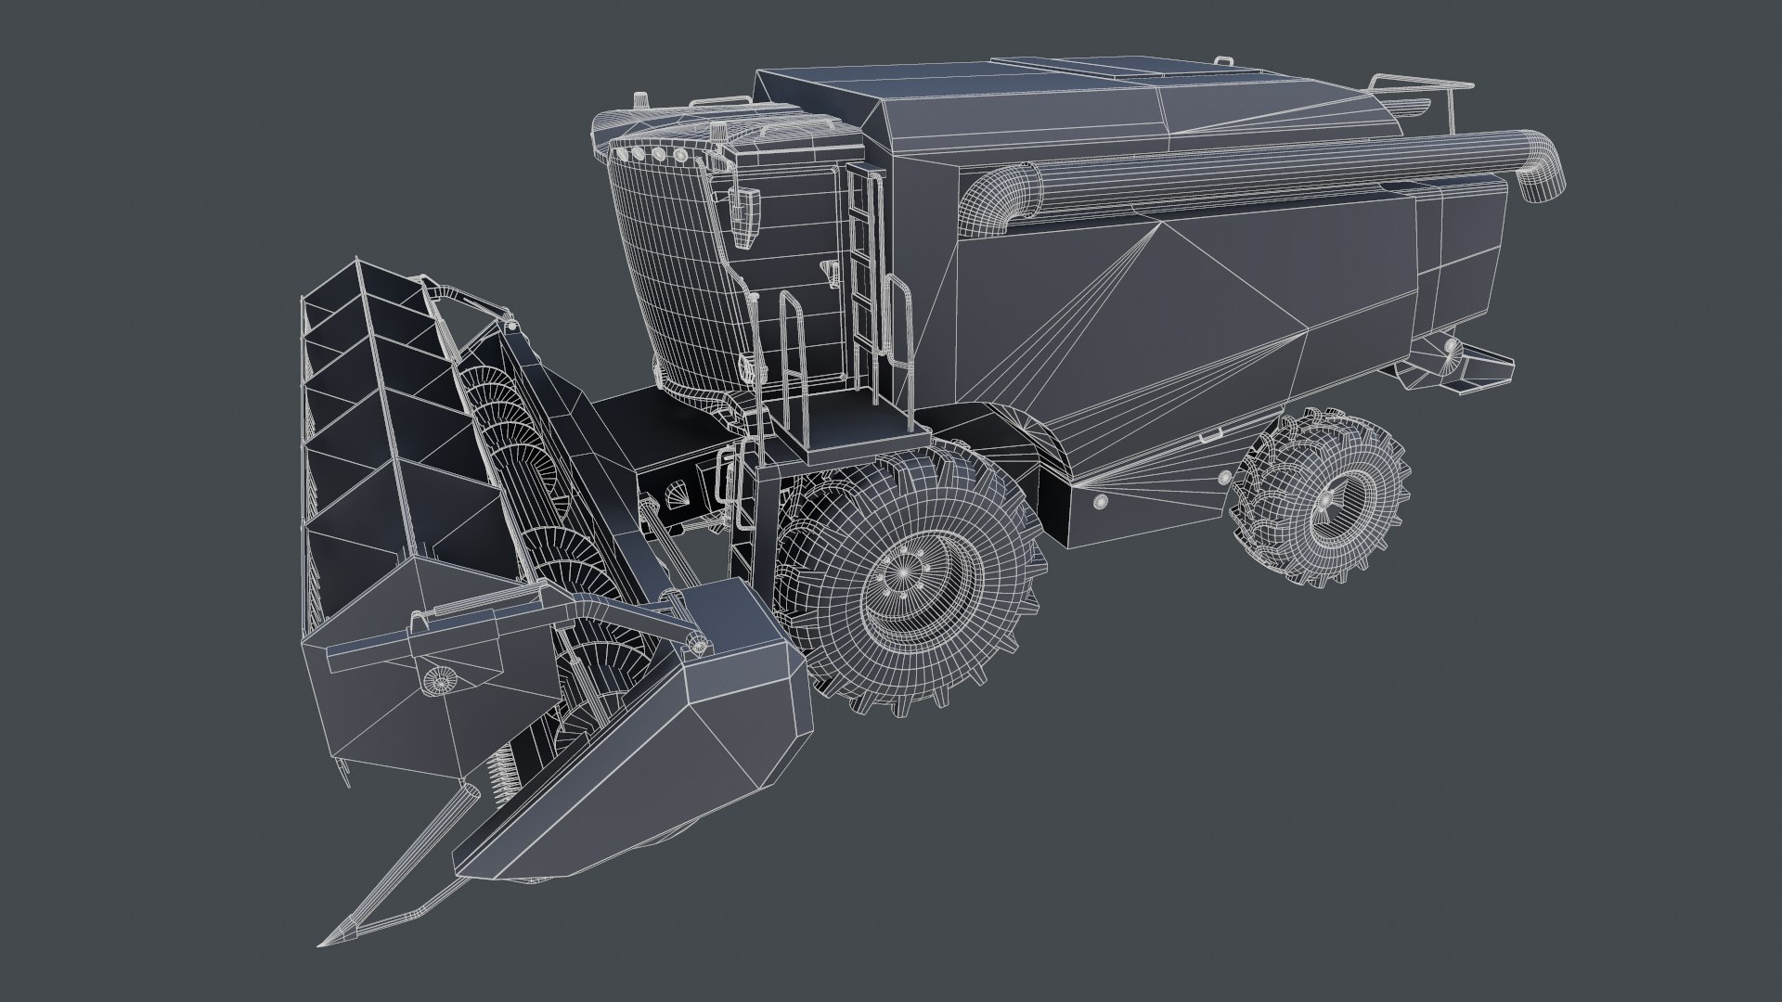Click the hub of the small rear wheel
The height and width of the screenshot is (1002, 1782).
[1325, 501]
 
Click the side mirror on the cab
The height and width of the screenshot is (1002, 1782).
[742, 215]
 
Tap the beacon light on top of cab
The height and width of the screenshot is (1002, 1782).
[639, 99]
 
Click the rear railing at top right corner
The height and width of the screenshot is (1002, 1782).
[1420, 86]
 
